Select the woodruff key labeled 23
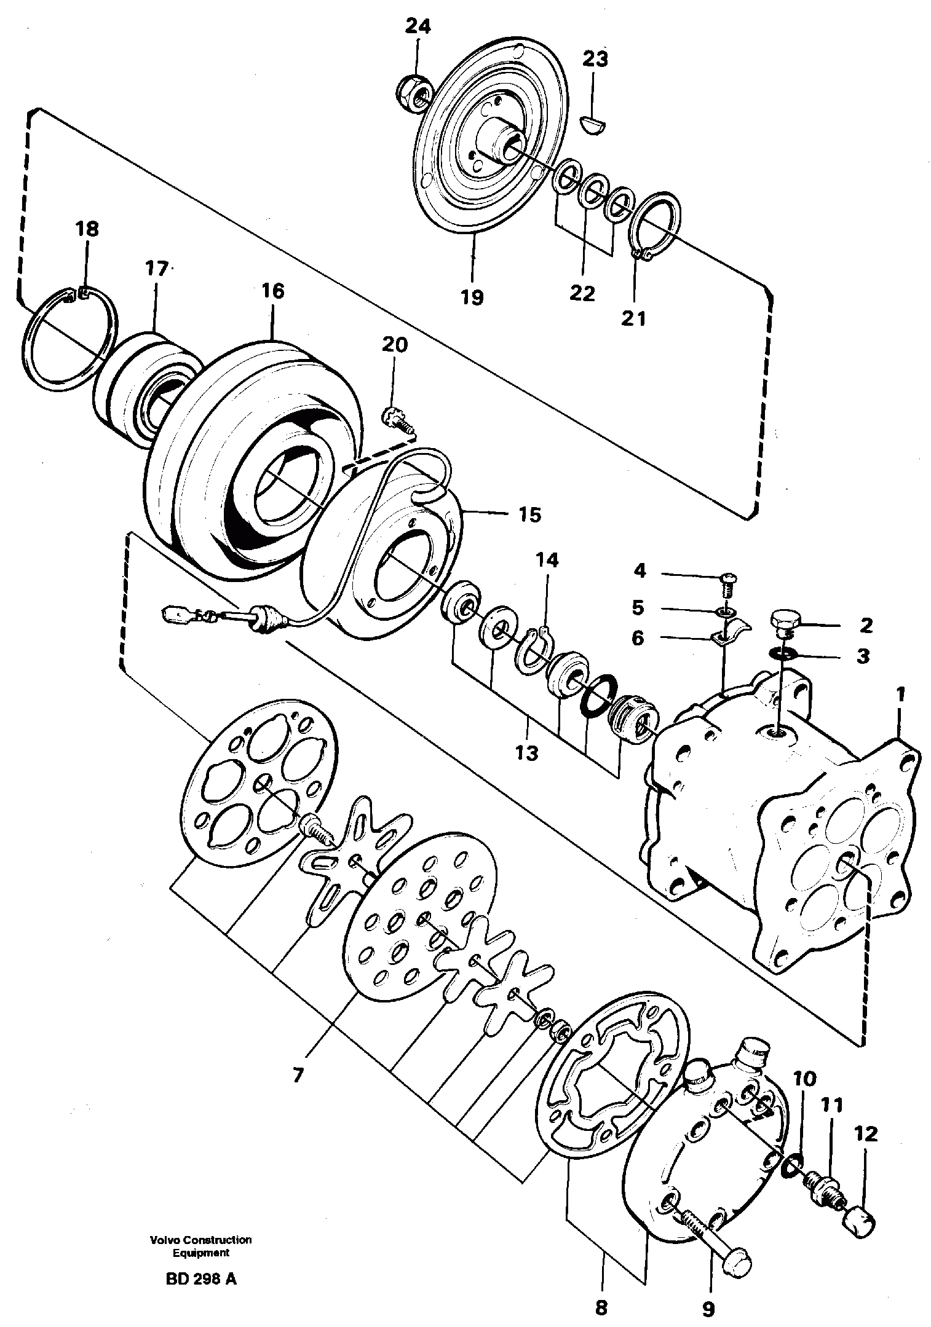[x=594, y=124]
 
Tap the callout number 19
[x=473, y=297]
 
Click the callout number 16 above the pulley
[x=273, y=291]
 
